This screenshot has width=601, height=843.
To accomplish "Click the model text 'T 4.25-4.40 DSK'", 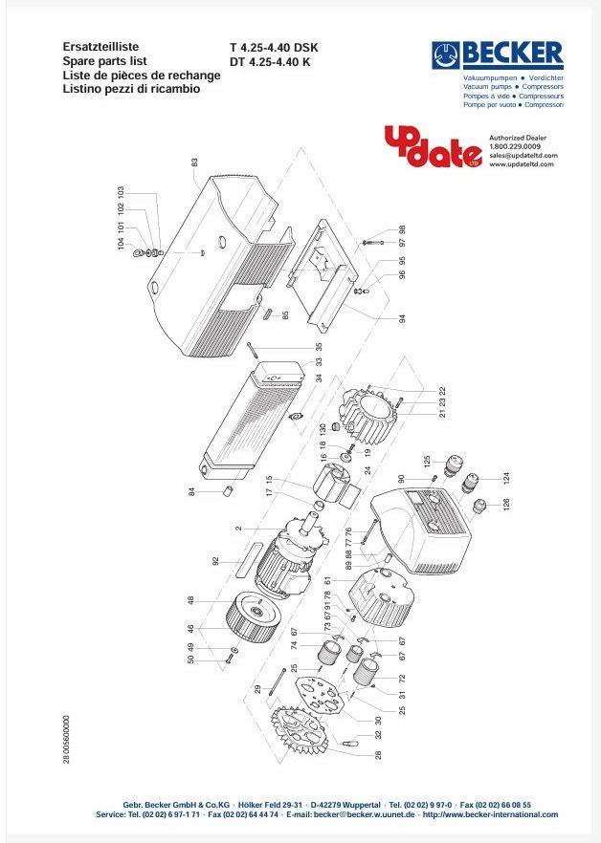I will point(274,47).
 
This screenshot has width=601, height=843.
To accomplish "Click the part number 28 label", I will point(378,755).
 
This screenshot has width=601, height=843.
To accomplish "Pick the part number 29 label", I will point(257,688).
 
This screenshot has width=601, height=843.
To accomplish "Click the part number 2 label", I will point(238,527).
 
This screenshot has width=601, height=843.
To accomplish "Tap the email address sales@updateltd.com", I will point(523,155).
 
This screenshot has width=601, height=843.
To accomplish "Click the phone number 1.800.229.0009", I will point(515,146).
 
